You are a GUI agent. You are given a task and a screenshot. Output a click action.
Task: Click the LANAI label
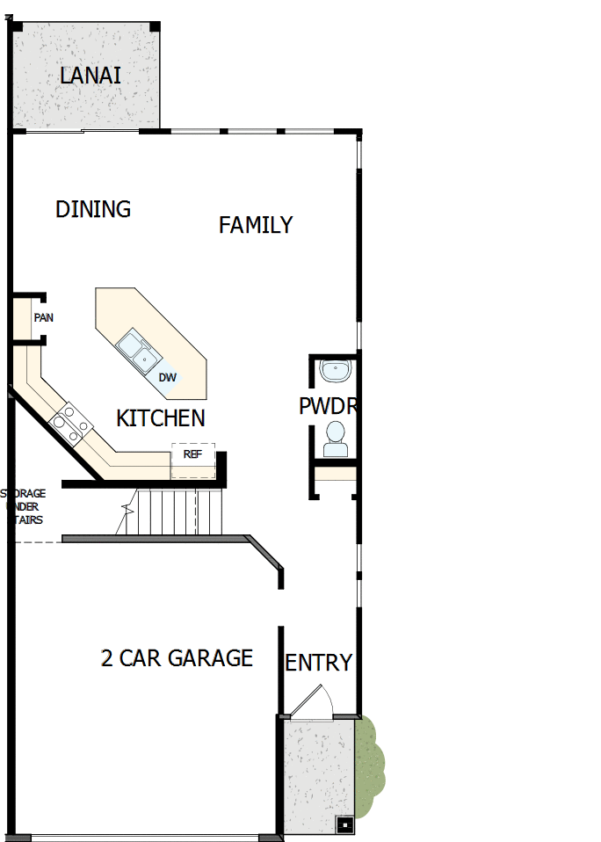(91, 76)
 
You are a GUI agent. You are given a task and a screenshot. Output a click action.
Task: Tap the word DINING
(93, 209)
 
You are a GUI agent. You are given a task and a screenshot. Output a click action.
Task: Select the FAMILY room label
(256, 225)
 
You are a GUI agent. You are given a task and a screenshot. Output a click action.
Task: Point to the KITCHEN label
(161, 418)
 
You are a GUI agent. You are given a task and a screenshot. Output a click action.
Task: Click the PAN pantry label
(43, 317)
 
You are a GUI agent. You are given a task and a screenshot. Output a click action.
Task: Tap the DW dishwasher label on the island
(168, 378)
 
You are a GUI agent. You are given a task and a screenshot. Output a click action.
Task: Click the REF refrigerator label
(192, 454)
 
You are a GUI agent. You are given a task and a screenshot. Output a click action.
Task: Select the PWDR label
(326, 407)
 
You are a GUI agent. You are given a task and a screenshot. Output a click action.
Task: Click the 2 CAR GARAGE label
(177, 658)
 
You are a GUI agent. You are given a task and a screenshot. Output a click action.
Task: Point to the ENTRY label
(318, 663)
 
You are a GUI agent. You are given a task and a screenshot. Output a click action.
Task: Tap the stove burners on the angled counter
(71, 423)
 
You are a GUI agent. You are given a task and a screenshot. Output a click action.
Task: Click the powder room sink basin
(335, 371)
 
